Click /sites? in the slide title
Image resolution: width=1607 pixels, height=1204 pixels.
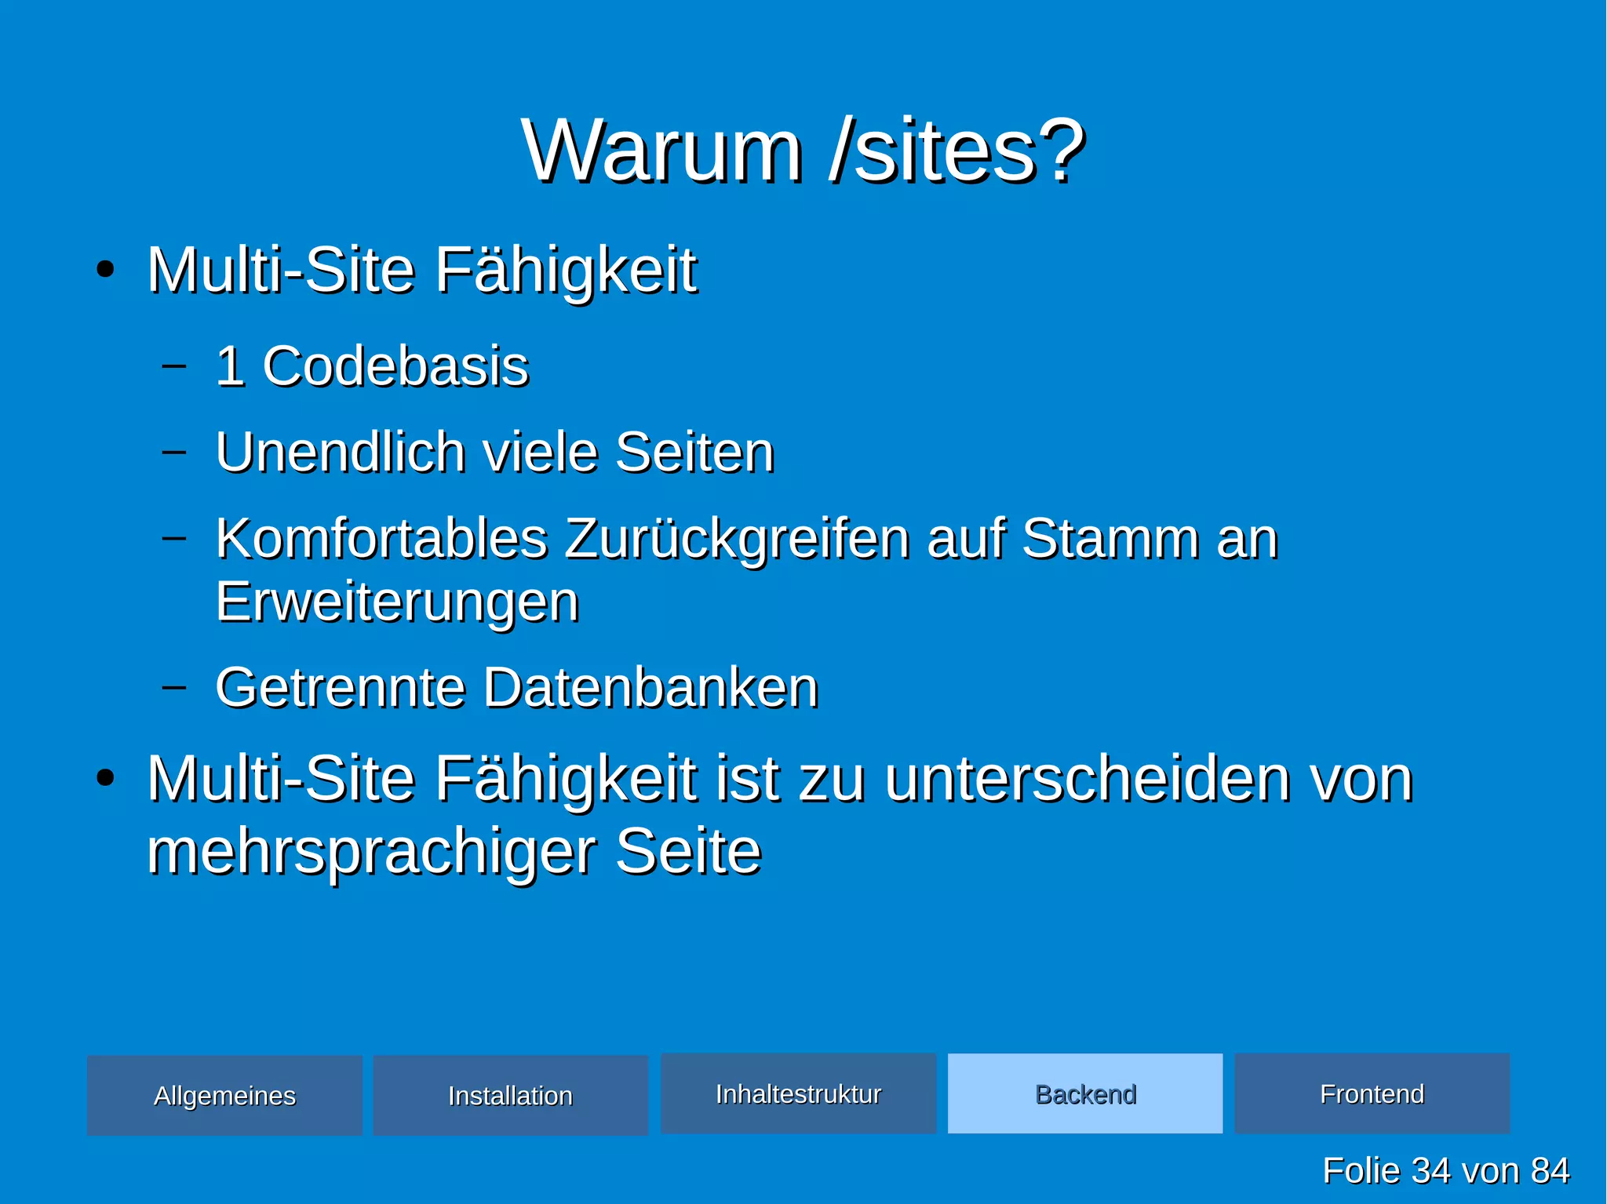click(957, 151)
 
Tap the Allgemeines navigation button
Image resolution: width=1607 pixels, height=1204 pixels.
click(224, 1095)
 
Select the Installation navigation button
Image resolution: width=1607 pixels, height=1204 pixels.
click(510, 1095)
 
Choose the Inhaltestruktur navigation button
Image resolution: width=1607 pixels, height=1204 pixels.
click(798, 1093)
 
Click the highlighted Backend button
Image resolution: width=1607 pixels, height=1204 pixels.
click(1085, 1093)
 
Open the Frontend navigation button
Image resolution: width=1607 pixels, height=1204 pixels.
click(1372, 1093)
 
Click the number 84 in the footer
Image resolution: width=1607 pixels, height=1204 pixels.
click(1550, 1170)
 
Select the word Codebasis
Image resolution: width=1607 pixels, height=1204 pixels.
click(395, 366)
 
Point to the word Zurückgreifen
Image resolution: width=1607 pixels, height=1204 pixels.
click(737, 540)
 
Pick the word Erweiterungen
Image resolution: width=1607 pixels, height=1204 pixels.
click(397, 602)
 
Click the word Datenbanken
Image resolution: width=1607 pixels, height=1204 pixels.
click(650, 688)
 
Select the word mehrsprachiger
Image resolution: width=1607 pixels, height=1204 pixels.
click(371, 851)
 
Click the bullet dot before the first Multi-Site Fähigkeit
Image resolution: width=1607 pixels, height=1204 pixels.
click(105, 271)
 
